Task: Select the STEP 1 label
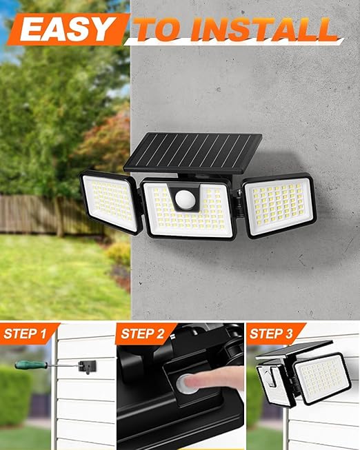(25, 334)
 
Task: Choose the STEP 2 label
(143, 334)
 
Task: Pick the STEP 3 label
(271, 334)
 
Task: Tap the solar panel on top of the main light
(193, 152)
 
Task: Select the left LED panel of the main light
(111, 202)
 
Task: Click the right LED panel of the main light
(279, 205)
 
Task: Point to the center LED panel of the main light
(188, 209)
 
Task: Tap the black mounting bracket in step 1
(88, 367)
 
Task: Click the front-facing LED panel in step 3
(322, 378)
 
